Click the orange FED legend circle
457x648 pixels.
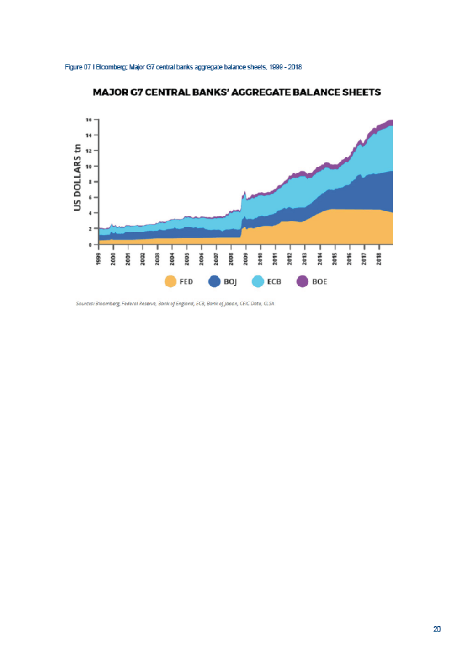[x=170, y=281]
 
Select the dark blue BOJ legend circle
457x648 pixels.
[x=214, y=281]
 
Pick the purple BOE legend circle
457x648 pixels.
[x=303, y=281]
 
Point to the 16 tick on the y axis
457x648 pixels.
[x=89, y=120]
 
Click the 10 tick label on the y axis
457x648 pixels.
[x=89, y=167]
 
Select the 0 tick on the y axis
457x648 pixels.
[x=90, y=244]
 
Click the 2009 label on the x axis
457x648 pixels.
[x=246, y=259]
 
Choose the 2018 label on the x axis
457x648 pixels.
[x=378, y=259]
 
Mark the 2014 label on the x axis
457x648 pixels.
[x=319, y=259]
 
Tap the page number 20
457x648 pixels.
[x=437, y=629]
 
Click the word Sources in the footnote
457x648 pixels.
[x=85, y=303]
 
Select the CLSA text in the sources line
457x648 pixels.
[x=269, y=303]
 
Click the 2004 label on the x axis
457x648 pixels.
[x=172, y=259]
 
